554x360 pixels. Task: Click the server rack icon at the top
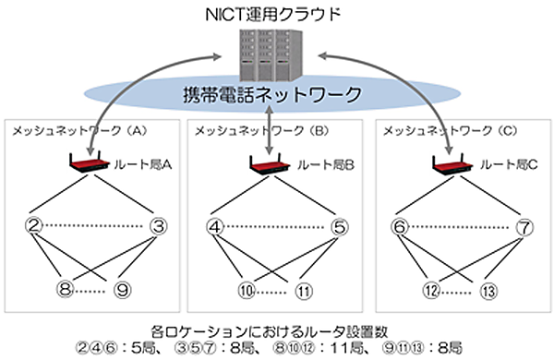pos(270,55)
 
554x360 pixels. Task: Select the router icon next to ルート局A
pos(89,165)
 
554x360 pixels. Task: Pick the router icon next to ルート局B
pos(270,165)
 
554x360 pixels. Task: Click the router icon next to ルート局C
pos(452,165)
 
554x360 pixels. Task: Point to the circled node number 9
pos(123,288)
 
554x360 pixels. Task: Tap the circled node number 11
pos(305,288)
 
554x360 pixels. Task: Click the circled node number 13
pos(488,288)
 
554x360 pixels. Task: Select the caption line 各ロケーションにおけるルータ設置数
pos(275,329)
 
